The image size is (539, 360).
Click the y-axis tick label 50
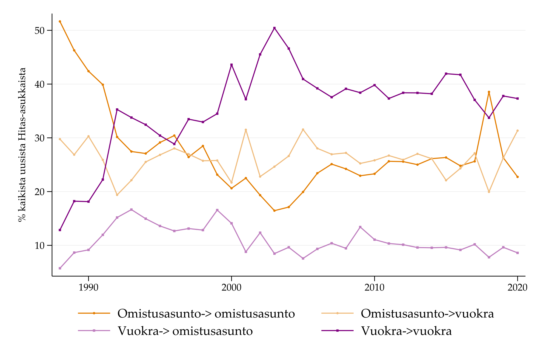click(39, 30)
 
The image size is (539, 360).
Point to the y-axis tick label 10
click(39, 245)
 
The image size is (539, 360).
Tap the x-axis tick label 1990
click(88, 288)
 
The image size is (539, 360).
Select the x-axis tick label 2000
click(231, 288)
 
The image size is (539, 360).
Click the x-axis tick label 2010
click(374, 288)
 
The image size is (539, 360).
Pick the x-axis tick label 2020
click(517, 288)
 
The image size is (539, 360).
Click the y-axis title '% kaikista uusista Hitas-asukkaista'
click(22, 144)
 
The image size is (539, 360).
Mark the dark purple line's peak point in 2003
click(274, 28)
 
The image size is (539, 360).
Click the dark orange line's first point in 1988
click(60, 21)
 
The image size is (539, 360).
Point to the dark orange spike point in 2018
click(489, 92)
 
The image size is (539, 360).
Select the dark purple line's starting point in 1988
click(60, 230)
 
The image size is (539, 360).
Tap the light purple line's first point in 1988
click(60, 268)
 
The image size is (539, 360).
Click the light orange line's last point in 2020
click(517, 131)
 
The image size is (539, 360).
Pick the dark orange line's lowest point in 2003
click(274, 210)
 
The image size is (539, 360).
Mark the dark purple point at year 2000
click(232, 65)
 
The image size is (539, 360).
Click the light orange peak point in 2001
click(246, 130)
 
